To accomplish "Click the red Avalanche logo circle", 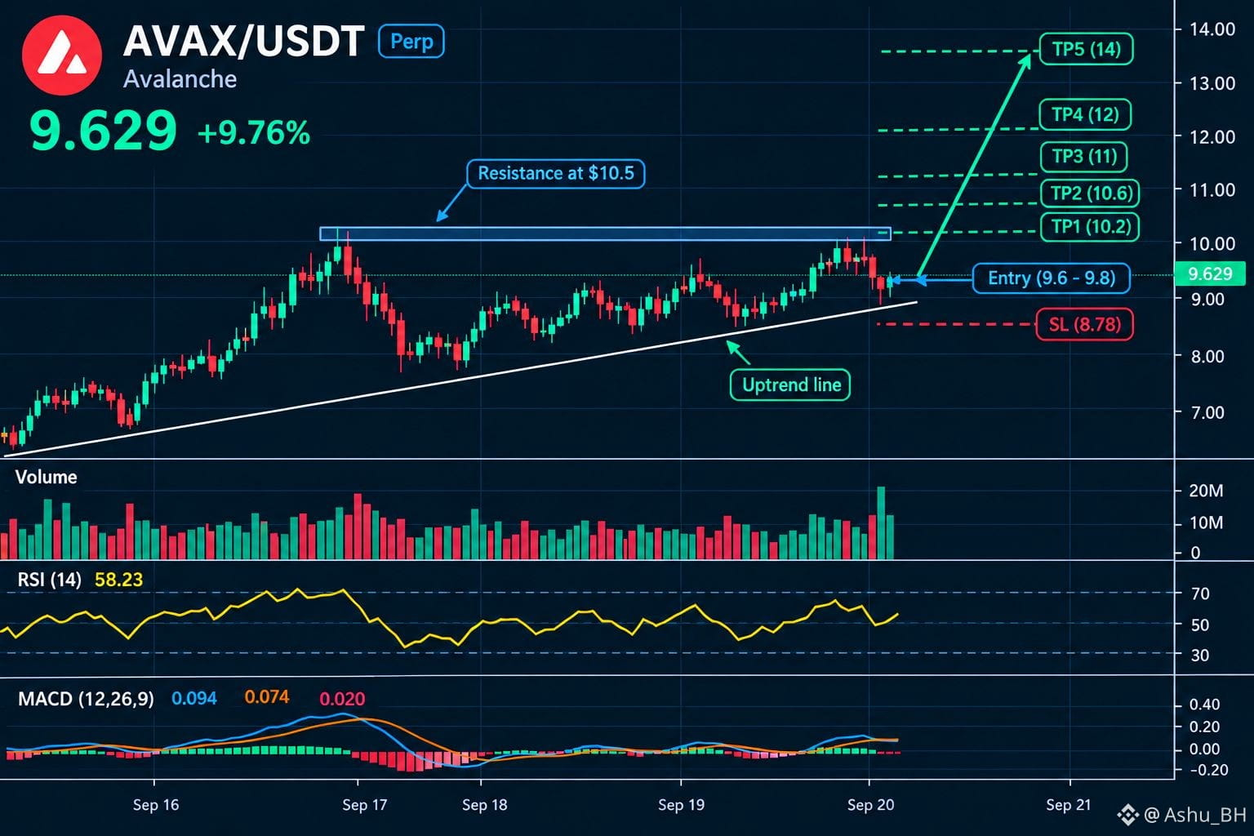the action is click(x=61, y=55).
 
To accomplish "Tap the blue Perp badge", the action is click(x=411, y=42).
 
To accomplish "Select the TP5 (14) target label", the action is click(x=1086, y=49).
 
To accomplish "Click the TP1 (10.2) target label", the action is click(x=1090, y=227).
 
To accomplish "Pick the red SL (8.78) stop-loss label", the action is click(x=1084, y=324).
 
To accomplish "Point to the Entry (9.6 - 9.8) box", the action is click(x=1052, y=278).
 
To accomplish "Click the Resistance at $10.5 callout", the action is click(x=556, y=174).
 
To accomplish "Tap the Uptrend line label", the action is click(x=790, y=385).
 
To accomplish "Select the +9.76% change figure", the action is click(x=254, y=133).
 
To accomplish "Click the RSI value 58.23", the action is click(x=118, y=580).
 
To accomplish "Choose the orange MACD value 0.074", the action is click(x=266, y=697).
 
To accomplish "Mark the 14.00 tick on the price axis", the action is click(x=1212, y=29).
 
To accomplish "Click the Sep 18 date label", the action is click(x=484, y=805).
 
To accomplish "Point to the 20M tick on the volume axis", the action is click(x=1206, y=491).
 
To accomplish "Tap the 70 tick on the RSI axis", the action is click(x=1200, y=594).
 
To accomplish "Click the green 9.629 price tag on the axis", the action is click(x=1211, y=273).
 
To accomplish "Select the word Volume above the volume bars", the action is click(x=47, y=477).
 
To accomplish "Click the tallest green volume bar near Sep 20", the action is click(x=881, y=523).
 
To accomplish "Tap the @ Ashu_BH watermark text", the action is click(x=1194, y=815).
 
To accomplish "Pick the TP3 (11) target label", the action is click(x=1084, y=156).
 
